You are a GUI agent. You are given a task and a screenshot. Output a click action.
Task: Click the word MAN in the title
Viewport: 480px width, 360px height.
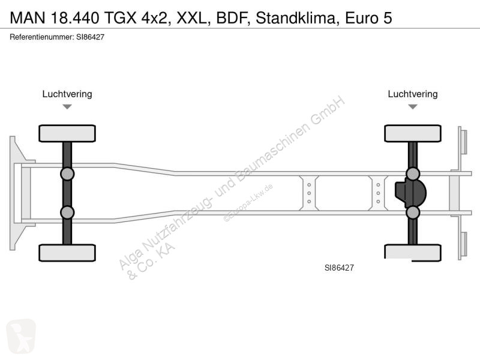[x=28, y=18]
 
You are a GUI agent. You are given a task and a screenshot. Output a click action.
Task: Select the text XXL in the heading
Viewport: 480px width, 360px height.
[x=191, y=18]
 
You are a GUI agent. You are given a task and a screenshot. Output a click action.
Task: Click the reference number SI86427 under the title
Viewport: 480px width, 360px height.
[x=91, y=37]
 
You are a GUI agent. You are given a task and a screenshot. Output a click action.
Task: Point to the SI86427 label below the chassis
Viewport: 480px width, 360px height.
[x=339, y=268]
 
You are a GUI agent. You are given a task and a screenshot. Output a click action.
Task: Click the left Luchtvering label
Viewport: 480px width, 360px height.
[x=67, y=94]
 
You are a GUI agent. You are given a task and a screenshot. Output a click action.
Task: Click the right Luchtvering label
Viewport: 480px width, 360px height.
[x=413, y=94]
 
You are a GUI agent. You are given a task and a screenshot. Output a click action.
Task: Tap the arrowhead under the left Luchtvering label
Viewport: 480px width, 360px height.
[x=67, y=107]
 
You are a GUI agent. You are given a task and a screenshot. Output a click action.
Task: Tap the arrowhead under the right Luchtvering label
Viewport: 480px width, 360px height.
[x=413, y=107]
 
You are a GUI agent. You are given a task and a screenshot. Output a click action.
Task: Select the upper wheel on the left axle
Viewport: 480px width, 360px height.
[x=67, y=133]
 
